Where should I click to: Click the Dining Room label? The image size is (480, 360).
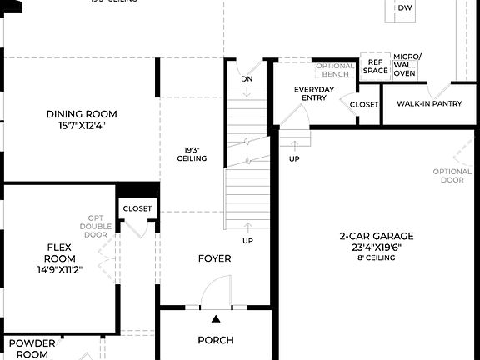82,114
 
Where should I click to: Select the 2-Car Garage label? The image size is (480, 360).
376,236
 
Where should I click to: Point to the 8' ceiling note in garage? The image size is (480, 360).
376,257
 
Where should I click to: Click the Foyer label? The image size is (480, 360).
214,258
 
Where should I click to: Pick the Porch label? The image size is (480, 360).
215,340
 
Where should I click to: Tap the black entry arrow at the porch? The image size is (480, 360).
216,319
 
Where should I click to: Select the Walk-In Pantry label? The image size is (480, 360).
429,105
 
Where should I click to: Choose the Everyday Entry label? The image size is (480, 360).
314,94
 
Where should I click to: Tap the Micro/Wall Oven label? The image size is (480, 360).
407,64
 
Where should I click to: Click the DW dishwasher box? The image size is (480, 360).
405,8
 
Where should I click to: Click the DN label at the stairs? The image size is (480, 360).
247,79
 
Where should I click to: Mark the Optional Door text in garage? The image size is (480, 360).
452,176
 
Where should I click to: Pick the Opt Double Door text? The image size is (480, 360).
95,226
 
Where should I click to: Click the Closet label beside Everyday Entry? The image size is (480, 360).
363,105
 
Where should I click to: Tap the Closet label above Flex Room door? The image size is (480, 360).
137,208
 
